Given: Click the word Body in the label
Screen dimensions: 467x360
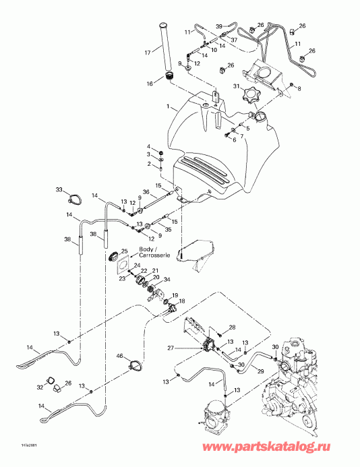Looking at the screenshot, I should coord(146,249).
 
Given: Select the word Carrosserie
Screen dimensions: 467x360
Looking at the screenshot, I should coord(152,257).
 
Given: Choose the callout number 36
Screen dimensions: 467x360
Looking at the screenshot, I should coord(146,191).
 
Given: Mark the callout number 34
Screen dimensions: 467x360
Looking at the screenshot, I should coord(167,280).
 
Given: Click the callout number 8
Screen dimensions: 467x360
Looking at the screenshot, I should coord(300,88).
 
